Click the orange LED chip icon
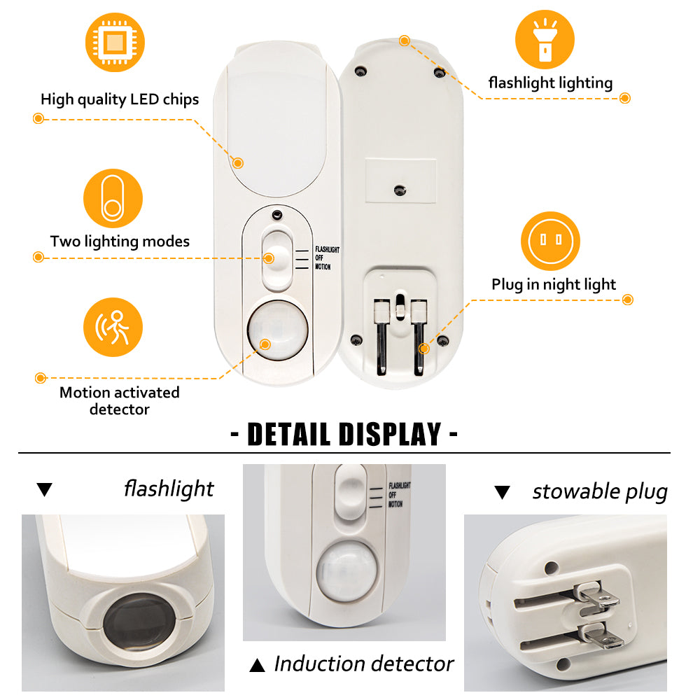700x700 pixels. point(115,43)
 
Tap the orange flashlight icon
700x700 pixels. point(545,39)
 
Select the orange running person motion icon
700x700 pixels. point(113,327)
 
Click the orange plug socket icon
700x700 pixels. point(550,241)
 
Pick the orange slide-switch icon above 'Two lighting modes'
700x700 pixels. point(113,198)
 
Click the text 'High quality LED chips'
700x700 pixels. point(120,99)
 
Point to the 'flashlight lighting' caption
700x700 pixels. point(550,83)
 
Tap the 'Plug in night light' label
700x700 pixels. point(554,284)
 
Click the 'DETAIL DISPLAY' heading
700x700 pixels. point(344,435)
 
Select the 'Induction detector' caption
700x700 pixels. point(364,664)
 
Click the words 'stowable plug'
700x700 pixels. point(600,492)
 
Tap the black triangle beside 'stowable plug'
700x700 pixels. point(502,492)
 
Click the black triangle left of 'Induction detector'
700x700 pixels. point(257,665)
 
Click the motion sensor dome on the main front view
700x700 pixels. point(278,330)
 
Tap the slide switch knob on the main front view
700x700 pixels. point(276,258)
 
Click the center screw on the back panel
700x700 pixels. point(400,190)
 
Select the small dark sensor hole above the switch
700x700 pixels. point(277,215)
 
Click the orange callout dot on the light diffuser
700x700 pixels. point(238,163)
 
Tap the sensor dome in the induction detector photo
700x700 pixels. point(346,570)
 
